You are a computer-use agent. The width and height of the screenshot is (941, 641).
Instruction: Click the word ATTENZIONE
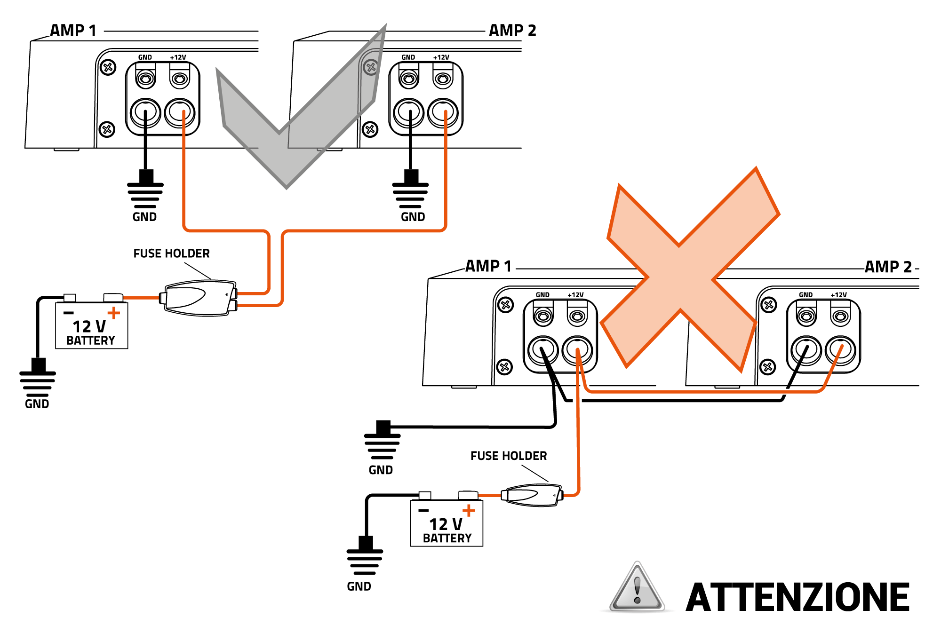[797, 597]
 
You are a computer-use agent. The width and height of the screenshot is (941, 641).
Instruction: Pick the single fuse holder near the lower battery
[532, 495]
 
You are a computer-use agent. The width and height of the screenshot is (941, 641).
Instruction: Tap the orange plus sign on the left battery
[114, 313]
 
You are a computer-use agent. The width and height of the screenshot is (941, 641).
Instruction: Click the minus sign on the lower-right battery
[423, 510]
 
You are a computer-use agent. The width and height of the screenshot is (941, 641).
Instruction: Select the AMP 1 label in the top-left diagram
[73, 31]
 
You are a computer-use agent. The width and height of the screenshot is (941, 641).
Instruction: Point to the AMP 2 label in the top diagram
[512, 31]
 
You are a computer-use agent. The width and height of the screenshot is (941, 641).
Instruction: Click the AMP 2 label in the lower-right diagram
[888, 267]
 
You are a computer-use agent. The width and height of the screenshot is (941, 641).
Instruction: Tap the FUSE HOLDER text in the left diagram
[171, 253]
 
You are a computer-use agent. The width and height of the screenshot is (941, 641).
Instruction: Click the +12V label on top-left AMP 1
[178, 57]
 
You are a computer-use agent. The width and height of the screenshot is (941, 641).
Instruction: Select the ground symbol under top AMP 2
[410, 190]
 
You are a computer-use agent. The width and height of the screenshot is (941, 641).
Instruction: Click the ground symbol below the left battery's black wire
[38, 379]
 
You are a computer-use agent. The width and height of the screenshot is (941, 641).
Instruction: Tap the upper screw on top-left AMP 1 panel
[108, 67]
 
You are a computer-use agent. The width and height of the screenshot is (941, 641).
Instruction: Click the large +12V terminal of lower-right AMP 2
[840, 350]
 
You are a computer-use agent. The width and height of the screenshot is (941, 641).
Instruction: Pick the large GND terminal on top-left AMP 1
[145, 113]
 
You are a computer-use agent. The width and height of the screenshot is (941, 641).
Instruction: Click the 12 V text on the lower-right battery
[446, 524]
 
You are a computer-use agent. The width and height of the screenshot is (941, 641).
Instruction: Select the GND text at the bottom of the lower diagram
[359, 586]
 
